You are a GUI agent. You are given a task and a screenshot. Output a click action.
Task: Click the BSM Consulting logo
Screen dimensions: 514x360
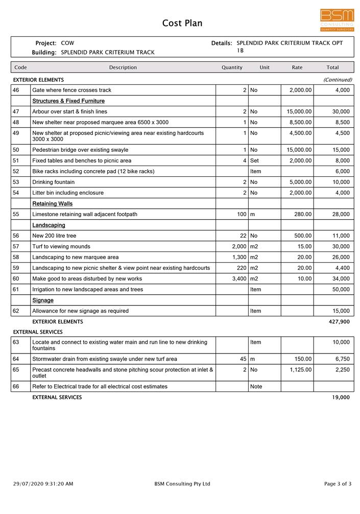pos(337,20)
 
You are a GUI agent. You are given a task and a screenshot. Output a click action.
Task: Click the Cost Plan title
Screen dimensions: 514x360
pos(182,23)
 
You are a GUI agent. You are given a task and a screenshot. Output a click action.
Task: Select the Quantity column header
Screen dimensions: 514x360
pos(232,67)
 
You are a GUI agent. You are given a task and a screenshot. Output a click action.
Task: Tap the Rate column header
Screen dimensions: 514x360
pos(297,67)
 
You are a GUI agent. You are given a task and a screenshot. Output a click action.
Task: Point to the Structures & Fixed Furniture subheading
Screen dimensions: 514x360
pos(68,101)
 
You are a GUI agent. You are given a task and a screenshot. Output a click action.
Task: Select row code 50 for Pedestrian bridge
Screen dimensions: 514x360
pos(16,150)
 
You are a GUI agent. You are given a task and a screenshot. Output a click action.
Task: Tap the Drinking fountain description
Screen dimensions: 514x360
pos(53,182)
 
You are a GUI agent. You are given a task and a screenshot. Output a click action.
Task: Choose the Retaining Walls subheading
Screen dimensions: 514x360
pos(53,204)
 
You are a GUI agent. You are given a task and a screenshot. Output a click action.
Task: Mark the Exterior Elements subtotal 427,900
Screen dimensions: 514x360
pos(339,322)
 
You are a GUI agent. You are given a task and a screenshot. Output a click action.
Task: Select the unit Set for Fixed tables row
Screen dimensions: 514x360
pos(254,161)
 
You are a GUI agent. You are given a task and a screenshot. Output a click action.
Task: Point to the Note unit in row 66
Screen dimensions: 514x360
pos(256,387)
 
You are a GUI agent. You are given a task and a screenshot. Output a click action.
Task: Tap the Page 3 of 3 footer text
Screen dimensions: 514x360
pos(338,484)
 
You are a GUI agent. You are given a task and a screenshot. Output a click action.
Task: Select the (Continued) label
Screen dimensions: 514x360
pos(338,80)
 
